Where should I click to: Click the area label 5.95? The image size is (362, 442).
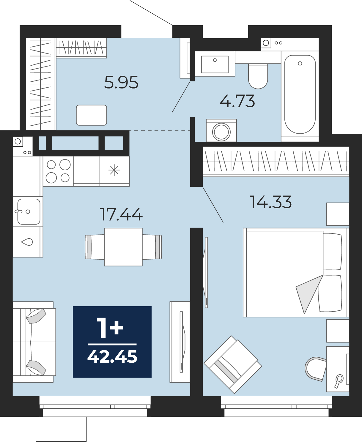click(121, 82)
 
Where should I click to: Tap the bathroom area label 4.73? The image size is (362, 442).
click(237, 101)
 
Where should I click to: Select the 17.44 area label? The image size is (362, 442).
click(121, 214)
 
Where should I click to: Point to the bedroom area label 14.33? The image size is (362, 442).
click(270, 202)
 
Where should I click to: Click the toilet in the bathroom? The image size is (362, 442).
click(258, 76)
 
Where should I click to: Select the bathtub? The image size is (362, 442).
click(300, 94)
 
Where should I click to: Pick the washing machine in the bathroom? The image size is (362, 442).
click(221, 131)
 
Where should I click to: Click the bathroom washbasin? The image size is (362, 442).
click(215, 64)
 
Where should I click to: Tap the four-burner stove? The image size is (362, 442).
click(58, 171)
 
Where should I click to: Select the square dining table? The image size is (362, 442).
click(123, 247)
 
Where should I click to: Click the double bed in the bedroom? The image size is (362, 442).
click(296, 272)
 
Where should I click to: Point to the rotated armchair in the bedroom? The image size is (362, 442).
click(233, 364)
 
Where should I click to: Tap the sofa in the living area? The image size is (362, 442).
click(34, 342)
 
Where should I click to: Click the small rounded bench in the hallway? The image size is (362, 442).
click(92, 115)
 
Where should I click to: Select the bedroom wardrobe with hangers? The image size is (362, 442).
click(276, 161)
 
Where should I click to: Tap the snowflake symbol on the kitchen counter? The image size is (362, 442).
click(114, 171)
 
